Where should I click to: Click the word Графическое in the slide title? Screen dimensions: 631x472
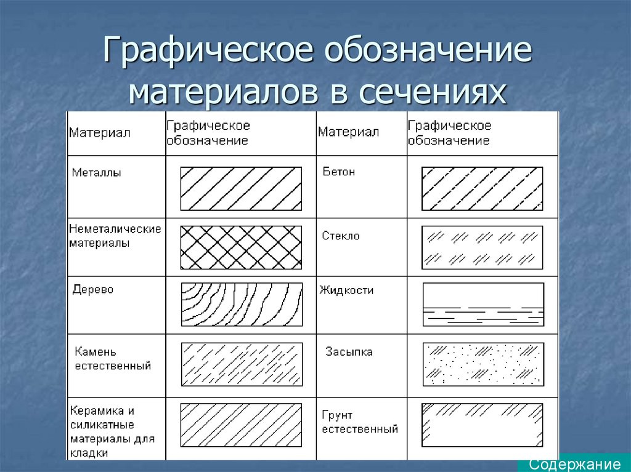(208, 50)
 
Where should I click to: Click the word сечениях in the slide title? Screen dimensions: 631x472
(432, 92)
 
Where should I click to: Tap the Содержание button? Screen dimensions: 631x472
(574, 465)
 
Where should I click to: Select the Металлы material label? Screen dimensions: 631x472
(97, 172)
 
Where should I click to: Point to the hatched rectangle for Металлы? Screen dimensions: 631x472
(241, 188)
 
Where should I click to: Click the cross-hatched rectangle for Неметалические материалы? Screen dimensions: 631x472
(241, 247)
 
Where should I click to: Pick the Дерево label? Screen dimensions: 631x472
(93, 289)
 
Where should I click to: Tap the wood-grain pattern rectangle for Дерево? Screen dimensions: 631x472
(242, 305)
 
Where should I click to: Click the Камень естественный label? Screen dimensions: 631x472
(113, 359)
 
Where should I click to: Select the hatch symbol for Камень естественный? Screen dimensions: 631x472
(242, 364)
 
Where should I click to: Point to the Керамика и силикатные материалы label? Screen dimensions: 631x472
(112, 432)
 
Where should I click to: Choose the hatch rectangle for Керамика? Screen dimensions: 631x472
(241, 425)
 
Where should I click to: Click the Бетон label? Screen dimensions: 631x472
(339, 172)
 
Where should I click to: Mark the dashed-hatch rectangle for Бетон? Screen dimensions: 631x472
(482, 188)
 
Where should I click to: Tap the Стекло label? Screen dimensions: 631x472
(340, 236)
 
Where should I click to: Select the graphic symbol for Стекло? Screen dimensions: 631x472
(482, 247)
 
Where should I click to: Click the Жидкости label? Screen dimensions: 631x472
(346, 290)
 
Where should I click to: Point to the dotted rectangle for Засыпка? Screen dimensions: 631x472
(483, 364)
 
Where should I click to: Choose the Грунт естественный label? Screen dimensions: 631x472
(360, 422)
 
